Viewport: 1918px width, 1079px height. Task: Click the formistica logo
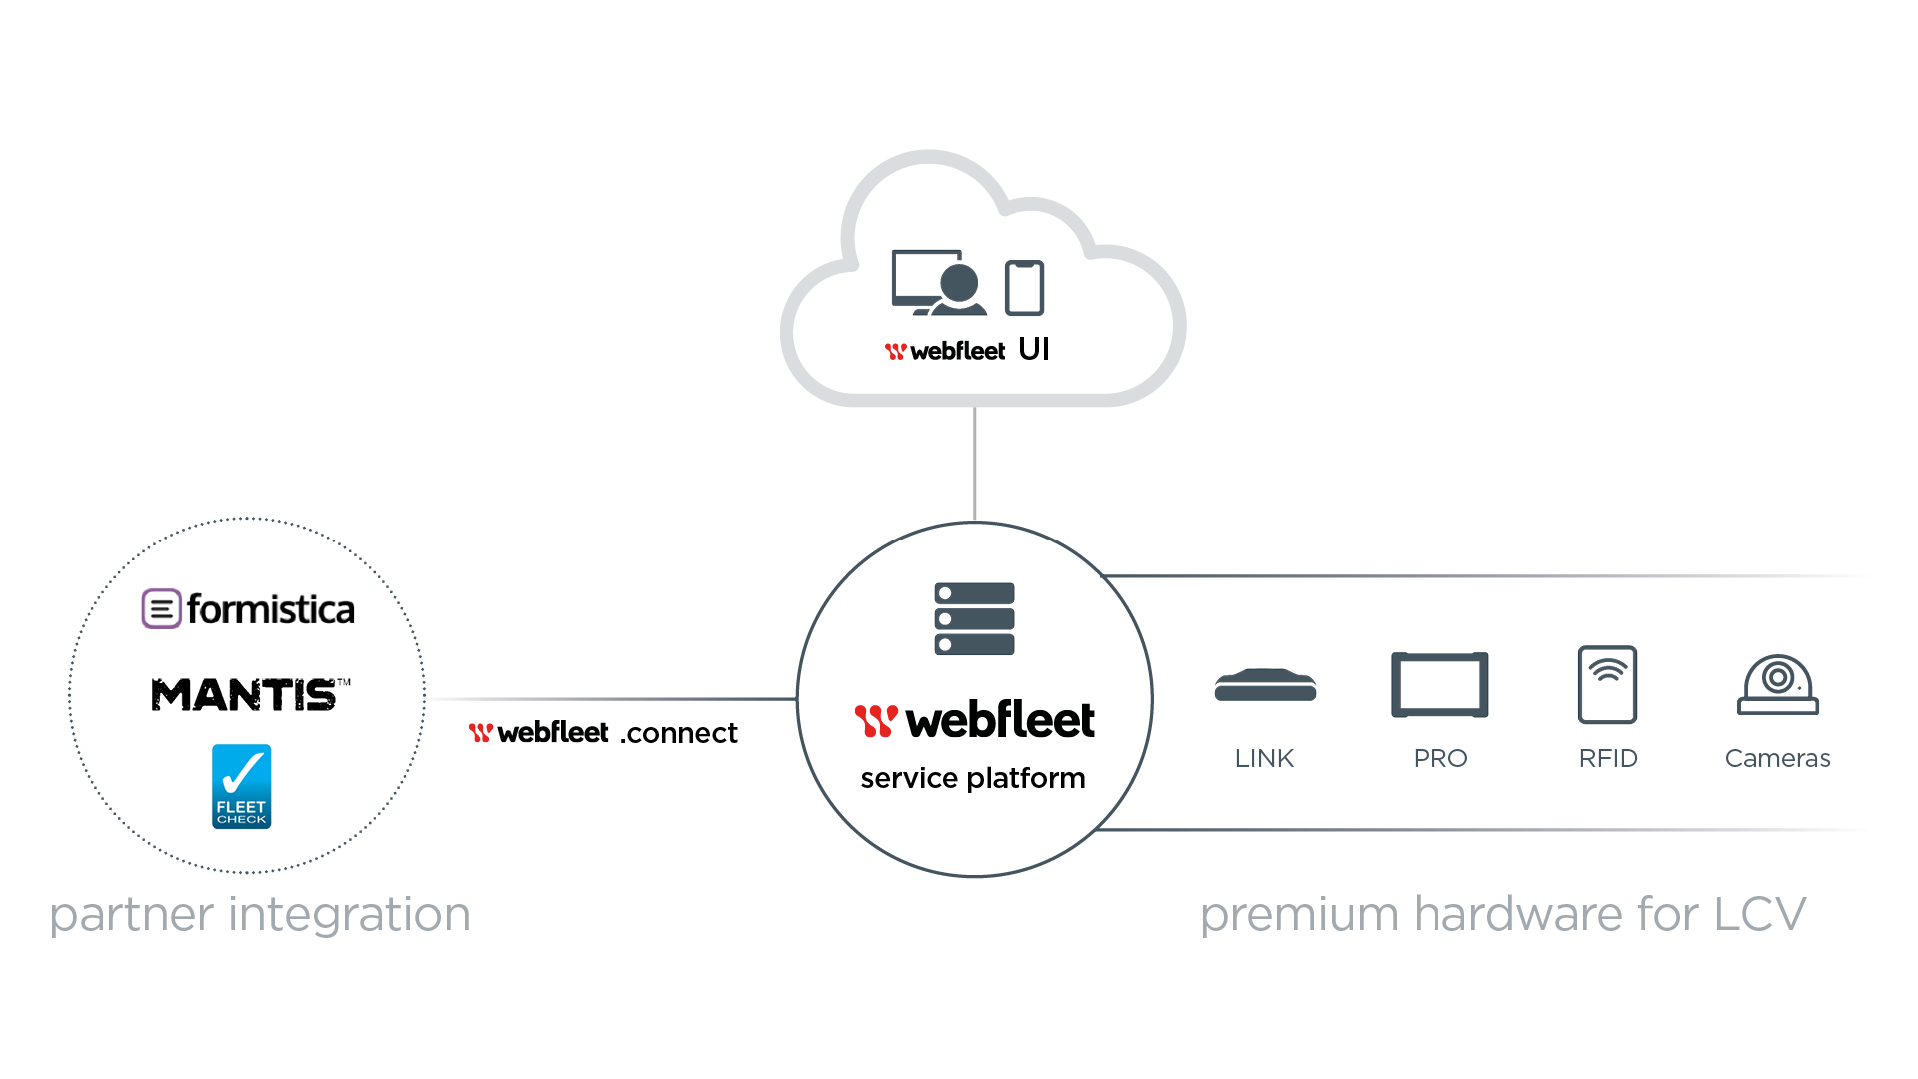pos(249,609)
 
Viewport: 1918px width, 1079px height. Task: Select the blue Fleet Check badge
pos(242,786)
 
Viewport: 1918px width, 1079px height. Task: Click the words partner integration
pos(260,914)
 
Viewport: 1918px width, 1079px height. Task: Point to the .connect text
pos(679,734)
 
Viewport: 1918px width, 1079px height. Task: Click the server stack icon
pos(974,619)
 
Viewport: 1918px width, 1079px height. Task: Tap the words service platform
pos(973,778)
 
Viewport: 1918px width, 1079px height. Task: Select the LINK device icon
pos(1265,686)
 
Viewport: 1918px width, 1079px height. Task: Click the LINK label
pos(1264,759)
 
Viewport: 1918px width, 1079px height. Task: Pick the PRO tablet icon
pos(1439,685)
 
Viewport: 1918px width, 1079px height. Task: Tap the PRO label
pos(1439,759)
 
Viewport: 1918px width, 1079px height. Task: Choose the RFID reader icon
pos(1607,684)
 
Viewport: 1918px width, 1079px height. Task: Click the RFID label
pos(1608,759)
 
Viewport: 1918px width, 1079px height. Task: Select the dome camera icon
pos(1778,685)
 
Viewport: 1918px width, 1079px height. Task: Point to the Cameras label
pos(1778,759)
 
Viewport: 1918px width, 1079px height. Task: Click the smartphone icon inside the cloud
pos(1024,288)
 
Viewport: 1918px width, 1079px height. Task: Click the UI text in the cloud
pos(1034,349)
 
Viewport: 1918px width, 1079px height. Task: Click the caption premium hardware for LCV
pos(1503,914)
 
